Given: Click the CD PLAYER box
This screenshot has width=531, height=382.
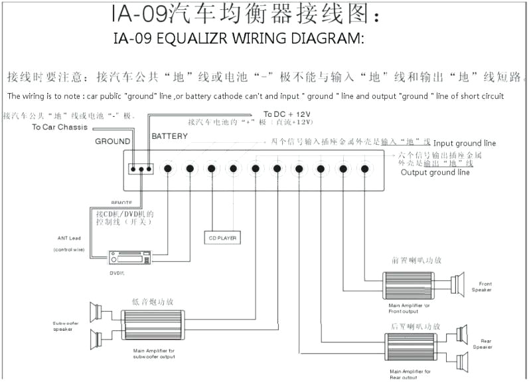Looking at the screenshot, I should point(222,237).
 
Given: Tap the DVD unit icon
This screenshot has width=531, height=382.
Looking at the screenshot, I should point(129,257).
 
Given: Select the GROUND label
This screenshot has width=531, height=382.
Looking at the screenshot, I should point(112,141).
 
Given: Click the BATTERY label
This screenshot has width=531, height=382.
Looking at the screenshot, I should point(169,136).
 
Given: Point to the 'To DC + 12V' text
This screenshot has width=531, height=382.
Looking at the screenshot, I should point(287,114).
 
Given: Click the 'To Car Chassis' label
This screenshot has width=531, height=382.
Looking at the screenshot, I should point(60,127).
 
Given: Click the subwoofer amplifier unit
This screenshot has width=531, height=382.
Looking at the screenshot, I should point(153,324).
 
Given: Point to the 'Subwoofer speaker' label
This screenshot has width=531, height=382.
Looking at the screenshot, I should point(67,326).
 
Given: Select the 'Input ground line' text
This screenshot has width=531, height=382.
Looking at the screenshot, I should point(465,143).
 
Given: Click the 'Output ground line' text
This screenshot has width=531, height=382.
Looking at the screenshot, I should point(435,173).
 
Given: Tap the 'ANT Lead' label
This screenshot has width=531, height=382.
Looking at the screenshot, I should point(68,238).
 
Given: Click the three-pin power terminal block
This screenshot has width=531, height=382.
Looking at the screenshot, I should point(141,169).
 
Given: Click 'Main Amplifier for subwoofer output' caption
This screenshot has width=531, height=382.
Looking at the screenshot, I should point(153,353).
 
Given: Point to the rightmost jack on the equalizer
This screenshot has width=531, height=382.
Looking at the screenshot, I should point(364,169).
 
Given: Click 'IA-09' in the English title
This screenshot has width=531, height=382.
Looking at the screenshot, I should point(132,38).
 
